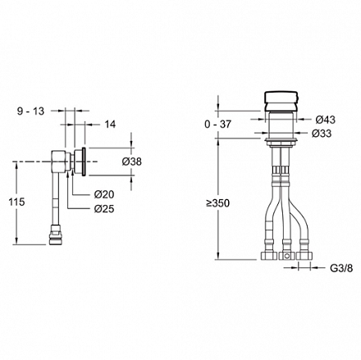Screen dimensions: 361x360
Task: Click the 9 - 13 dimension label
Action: click(x=30, y=112)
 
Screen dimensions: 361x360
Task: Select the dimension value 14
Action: click(x=110, y=125)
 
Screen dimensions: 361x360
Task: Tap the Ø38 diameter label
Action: click(x=132, y=162)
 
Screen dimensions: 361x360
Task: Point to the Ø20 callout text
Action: click(x=104, y=194)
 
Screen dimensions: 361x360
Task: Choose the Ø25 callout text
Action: click(x=104, y=209)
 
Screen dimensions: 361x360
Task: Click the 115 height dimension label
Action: click(x=16, y=202)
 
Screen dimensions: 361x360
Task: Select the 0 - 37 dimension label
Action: click(x=217, y=125)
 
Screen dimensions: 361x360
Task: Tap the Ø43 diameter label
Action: click(x=326, y=120)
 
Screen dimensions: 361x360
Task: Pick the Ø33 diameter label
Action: click(x=322, y=134)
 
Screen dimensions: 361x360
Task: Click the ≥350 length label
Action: click(x=218, y=203)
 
